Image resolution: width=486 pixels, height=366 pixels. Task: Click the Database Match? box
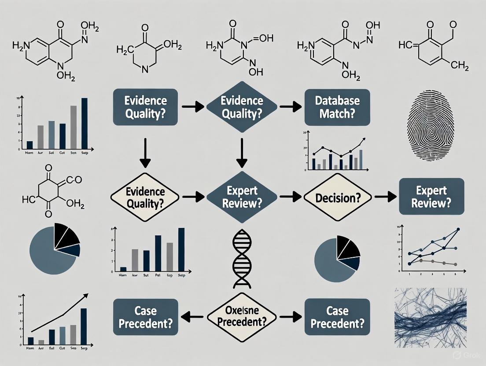tap(337, 106)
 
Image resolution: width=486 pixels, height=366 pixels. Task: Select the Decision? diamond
tap(337, 198)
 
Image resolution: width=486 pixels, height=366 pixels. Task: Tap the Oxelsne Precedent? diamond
tap(241, 316)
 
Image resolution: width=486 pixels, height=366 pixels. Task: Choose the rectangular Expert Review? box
tap(431, 196)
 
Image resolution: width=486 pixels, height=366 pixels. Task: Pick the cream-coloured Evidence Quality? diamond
tap(145, 198)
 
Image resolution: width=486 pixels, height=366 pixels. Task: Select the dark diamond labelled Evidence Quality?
tap(242, 106)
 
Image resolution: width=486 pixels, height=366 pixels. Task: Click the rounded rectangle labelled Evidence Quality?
tap(145, 106)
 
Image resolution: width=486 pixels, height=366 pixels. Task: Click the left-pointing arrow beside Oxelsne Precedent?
tap(192, 316)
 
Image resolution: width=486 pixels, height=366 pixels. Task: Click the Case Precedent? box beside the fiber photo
tap(337, 316)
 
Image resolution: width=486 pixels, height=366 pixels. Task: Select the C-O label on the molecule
tap(74, 179)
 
